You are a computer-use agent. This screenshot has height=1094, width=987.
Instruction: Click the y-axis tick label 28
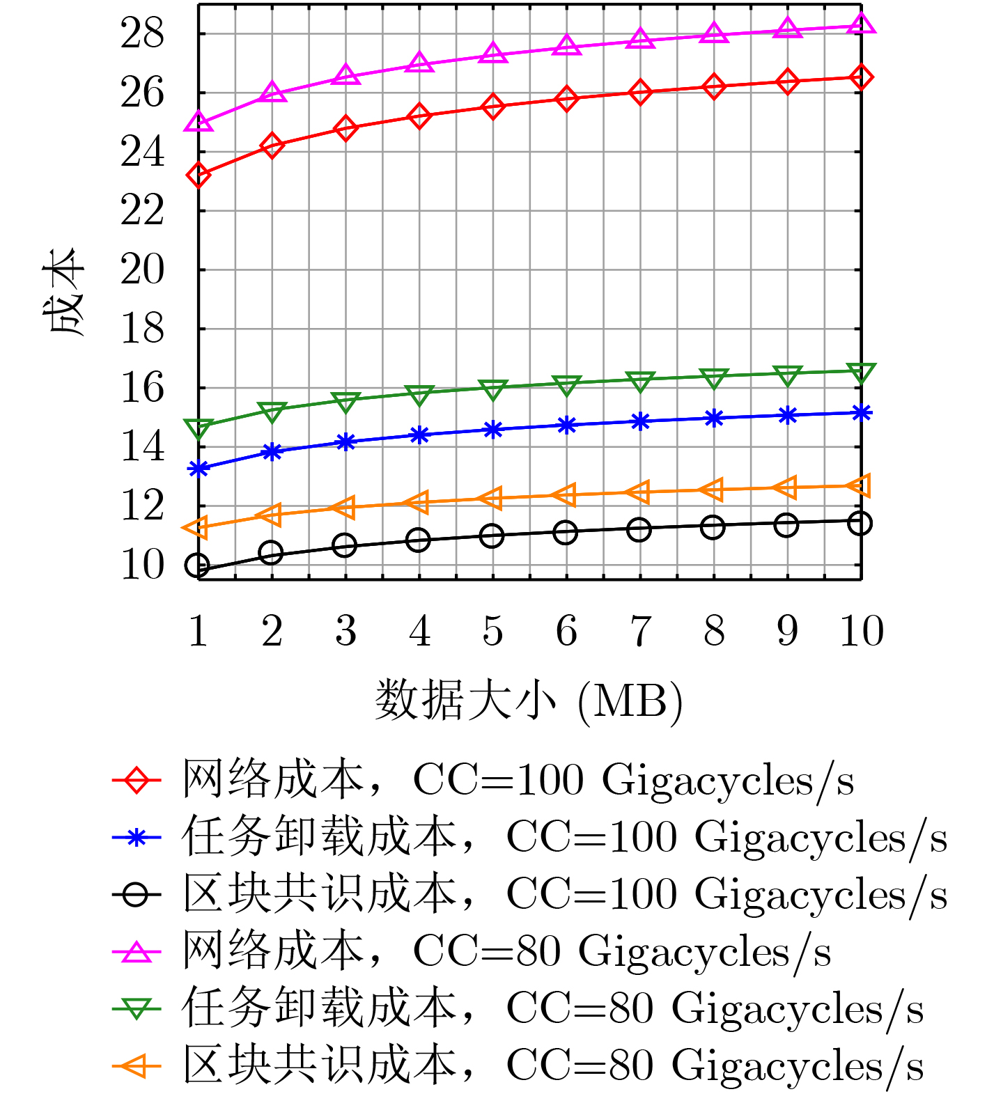(x=143, y=33)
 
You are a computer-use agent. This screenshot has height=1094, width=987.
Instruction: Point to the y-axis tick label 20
(x=143, y=269)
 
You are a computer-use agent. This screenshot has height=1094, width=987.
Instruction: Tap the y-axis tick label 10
(x=143, y=565)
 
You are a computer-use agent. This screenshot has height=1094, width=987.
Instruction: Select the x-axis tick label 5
(x=492, y=631)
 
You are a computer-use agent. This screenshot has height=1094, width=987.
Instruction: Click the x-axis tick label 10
(x=862, y=631)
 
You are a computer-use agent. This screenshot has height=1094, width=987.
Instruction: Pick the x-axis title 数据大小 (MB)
(x=529, y=700)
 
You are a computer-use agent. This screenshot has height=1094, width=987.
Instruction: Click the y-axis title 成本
(x=66, y=292)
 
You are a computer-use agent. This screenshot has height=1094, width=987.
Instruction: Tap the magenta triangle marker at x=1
(x=199, y=122)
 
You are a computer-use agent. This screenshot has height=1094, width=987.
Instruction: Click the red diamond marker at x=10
(x=862, y=77)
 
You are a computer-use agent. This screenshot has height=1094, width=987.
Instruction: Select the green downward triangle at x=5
(x=492, y=389)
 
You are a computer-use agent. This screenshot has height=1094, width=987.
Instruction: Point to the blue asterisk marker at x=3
(x=345, y=442)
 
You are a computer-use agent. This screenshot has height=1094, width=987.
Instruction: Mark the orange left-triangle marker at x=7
(x=639, y=492)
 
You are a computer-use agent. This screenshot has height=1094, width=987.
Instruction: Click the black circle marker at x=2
(x=271, y=553)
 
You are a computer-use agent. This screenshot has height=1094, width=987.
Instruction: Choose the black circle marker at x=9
(x=787, y=525)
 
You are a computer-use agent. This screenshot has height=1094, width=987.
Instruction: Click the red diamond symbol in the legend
(x=137, y=780)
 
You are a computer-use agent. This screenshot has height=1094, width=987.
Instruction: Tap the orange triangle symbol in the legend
(x=137, y=1065)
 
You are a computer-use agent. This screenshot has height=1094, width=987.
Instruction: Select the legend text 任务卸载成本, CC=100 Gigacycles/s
(x=564, y=837)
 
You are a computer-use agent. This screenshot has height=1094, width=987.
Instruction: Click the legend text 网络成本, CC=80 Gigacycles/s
(x=506, y=951)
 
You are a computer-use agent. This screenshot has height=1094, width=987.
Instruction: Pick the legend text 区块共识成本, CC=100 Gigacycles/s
(x=564, y=894)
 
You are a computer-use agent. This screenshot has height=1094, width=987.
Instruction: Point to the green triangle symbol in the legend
(x=137, y=1008)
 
